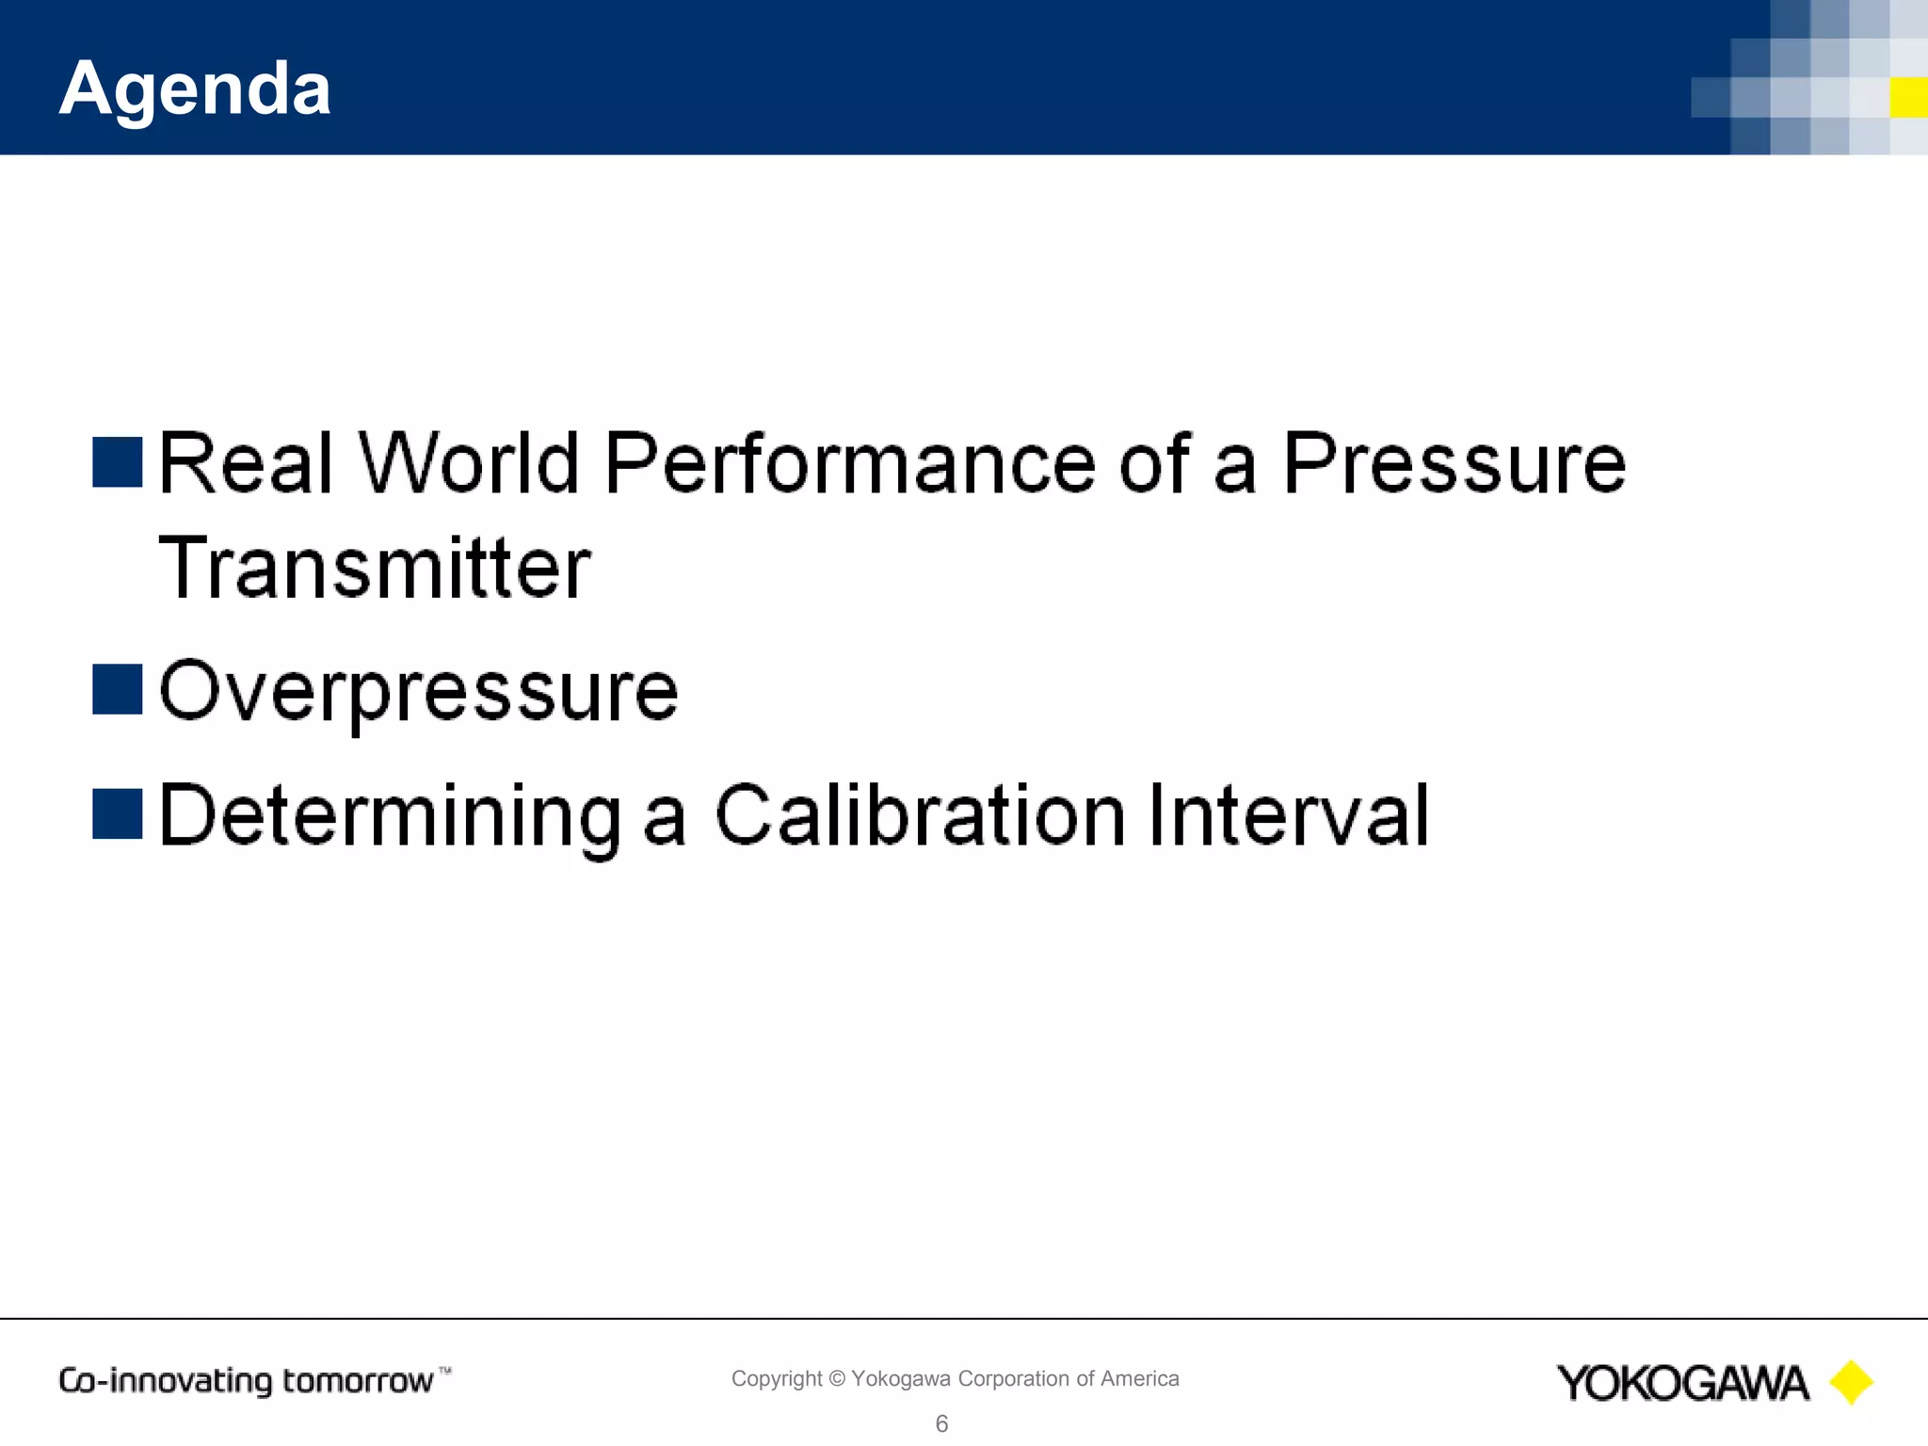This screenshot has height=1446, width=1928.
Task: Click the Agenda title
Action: [195, 88]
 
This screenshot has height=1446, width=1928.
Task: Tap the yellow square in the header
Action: [1908, 98]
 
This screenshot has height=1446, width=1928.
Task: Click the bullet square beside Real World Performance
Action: [118, 462]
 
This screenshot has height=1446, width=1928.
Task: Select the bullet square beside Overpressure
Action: [118, 689]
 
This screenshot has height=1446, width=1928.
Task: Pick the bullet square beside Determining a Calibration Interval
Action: [118, 813]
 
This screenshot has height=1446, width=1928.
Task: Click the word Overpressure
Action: [419, 692]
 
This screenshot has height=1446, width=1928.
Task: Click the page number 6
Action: [941, 1423]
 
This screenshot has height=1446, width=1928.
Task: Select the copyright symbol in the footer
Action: [837, 1379]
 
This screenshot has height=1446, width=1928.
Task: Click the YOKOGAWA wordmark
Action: [1682, 1383]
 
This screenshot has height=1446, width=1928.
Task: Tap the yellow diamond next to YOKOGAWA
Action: [1851, 1383]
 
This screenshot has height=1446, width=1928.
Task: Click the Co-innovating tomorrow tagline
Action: [247, 1381]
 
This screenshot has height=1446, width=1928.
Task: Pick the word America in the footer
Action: [1139, 1379]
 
